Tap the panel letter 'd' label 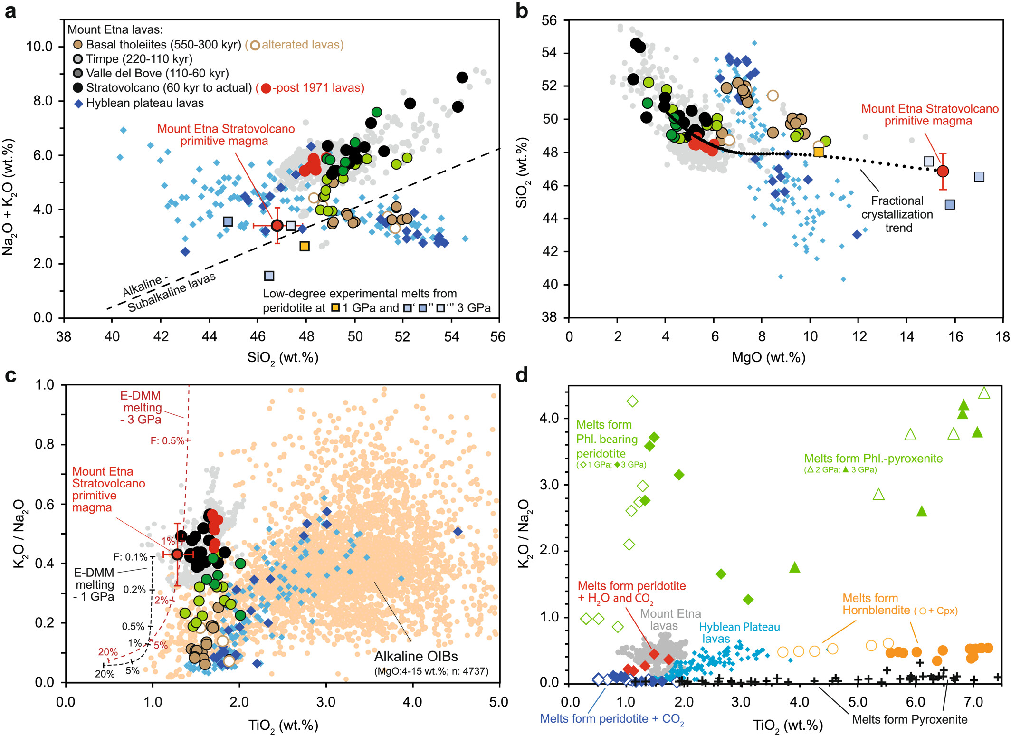click(522, 376)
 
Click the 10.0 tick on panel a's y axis click(39, 47)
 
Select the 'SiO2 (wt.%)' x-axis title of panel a click(282, 358)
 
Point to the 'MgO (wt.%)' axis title click(768, 357)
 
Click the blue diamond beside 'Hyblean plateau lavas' click(78, 104)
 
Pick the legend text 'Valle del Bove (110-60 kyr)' click(157, 73)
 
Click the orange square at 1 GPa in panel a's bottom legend click(335, 308)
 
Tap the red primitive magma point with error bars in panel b click(943, 171)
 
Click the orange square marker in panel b click(819, 152)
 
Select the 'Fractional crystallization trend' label click(897, 214)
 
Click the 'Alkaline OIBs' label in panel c click(416, 656)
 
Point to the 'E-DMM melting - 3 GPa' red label click(141, 407)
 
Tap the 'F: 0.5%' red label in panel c click(167, 441)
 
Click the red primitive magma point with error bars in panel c click(177, 554)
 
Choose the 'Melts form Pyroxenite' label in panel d click(909, 719)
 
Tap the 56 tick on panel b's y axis click(549, 20)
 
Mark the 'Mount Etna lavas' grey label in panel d click(670, 620)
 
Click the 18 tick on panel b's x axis click(1002, 336)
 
